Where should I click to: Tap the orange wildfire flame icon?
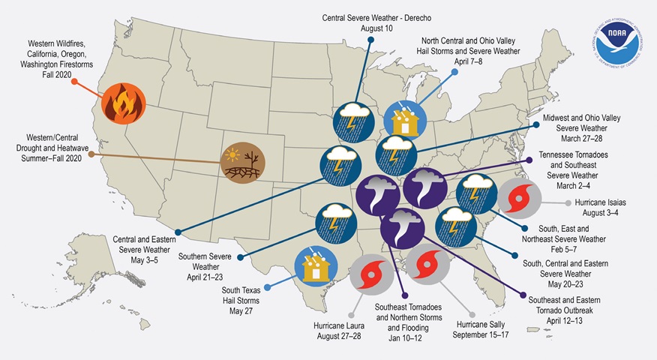pos(124,103)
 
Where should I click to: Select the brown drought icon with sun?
pos(242,161)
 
